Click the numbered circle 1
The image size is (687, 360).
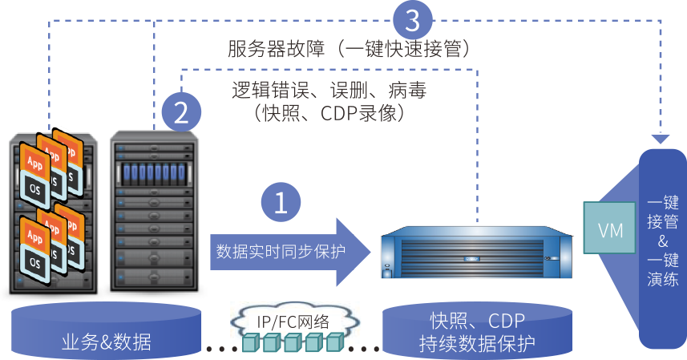(x=281, y=204)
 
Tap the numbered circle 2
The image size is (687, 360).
(x=182, y=111)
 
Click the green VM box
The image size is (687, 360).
(x=610, y=230)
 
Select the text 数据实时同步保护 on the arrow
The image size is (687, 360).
(x=281, y=251)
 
